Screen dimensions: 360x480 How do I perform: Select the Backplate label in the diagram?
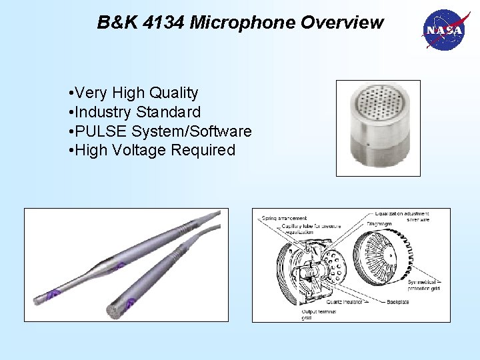point(398,302)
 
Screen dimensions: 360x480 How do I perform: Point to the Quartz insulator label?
point(343,302)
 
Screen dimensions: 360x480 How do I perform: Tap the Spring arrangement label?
point(284,218)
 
